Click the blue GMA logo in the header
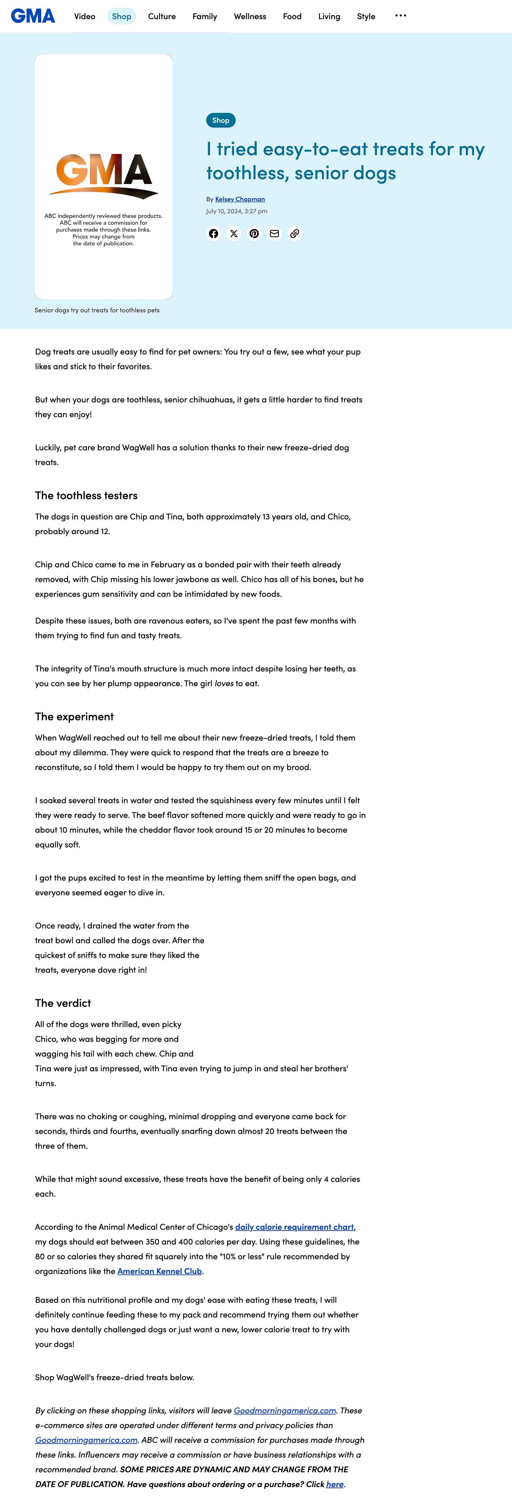33,16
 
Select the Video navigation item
84,16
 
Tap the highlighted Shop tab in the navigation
122,16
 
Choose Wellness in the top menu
250,16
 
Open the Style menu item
366,16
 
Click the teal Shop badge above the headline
221,120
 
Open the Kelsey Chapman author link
240,199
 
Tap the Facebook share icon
214,233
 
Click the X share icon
234,233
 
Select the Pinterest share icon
254,233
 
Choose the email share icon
274,233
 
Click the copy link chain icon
295,233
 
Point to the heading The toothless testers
86,496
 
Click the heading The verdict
63,1003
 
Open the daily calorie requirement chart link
294,1227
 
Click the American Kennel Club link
160,1271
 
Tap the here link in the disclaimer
335,1484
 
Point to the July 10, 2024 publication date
236,211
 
